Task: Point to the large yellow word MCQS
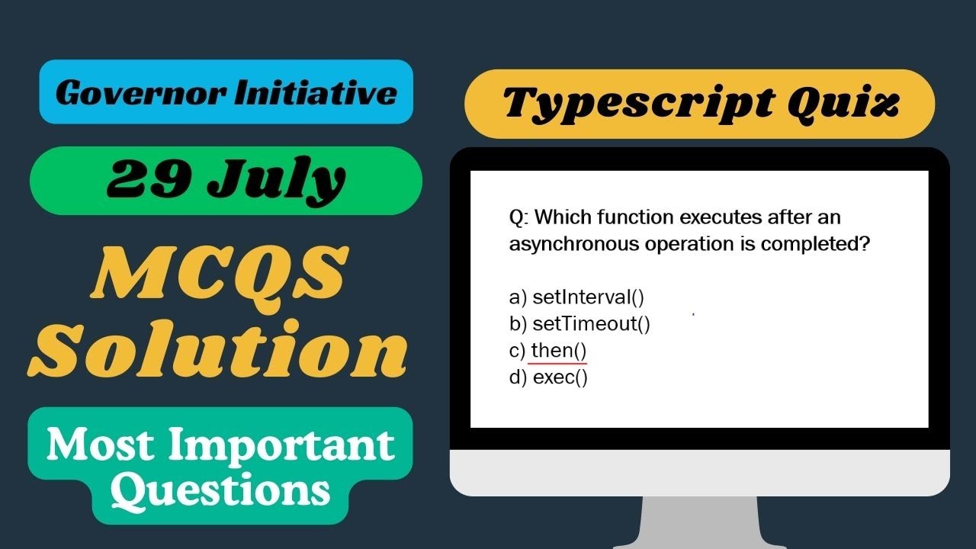(218, 271)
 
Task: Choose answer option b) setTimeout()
(579, 324)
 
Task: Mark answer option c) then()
(548, 351)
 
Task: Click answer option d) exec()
(548, 377)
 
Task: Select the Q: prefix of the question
(518, 218)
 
